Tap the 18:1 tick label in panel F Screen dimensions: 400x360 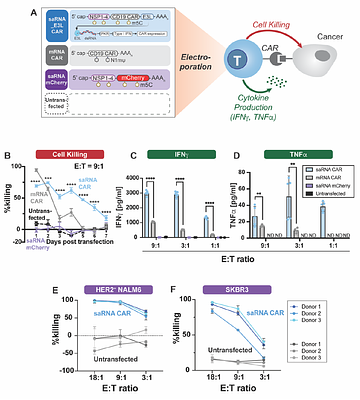[203, 381]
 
